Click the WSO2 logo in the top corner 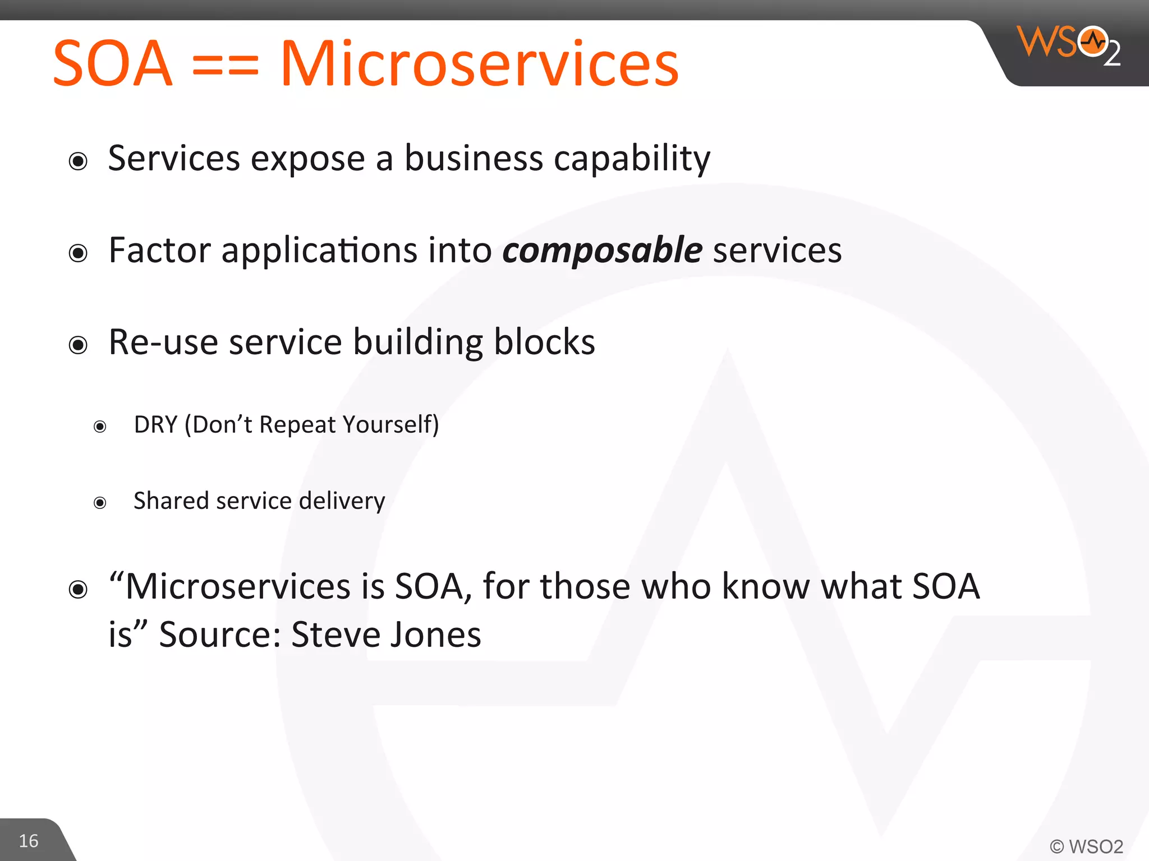point(1069,45)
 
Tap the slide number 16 point(29,841)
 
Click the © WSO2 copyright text point(1086,846)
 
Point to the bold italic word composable point(602,250)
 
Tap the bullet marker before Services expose point(78,161)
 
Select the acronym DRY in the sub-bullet point(156,424)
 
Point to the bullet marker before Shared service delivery point(100,503)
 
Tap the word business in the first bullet point(474,159)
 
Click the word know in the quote point(765,586)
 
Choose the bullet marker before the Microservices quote point(78,590)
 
